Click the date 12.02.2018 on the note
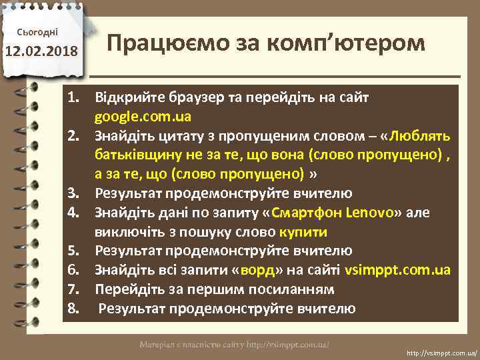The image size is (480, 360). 42,52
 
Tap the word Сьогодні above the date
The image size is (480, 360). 41,31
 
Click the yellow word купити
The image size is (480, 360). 303,232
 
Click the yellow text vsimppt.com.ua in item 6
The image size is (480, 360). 398,271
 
